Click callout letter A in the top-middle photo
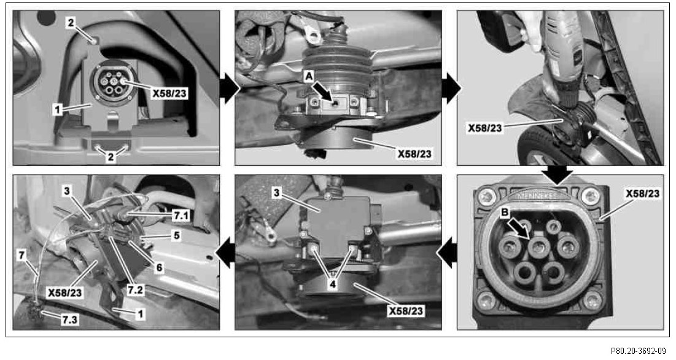[x=309, y=77]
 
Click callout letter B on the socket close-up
[x=505, y=212]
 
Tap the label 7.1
[x=181, y=215]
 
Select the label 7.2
[x=135, y=290]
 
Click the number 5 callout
[x=176, y=236]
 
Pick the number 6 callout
[x=159, y=268]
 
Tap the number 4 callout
[x=332, y=284]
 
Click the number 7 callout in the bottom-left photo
[x=21, y=255]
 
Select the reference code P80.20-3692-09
[x=638, y=351]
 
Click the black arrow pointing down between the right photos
[x=558, y=174]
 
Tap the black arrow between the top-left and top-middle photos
[x=229, y=88]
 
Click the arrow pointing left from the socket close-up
[x=448, y=253]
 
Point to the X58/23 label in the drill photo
[x=485, y=128]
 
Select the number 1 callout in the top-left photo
[x=57, y=109]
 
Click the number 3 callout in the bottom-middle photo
[x=276, y=193]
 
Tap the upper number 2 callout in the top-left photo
[x=71, y=23]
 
